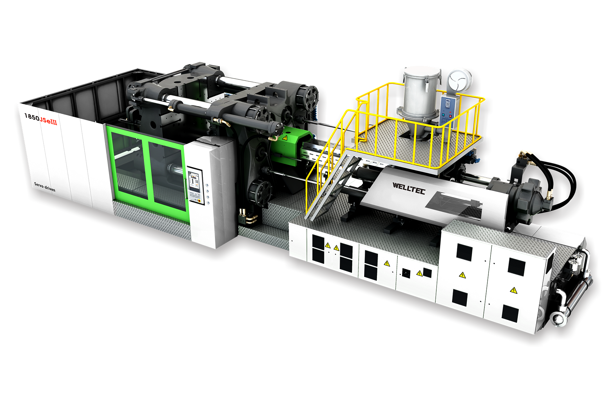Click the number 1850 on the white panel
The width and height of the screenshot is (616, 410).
coord(32,117)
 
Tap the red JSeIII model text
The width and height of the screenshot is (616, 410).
coord(48,120)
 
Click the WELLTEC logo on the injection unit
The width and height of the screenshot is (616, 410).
coord(409,188)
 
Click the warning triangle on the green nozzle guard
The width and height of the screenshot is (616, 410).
coord(285,138)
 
